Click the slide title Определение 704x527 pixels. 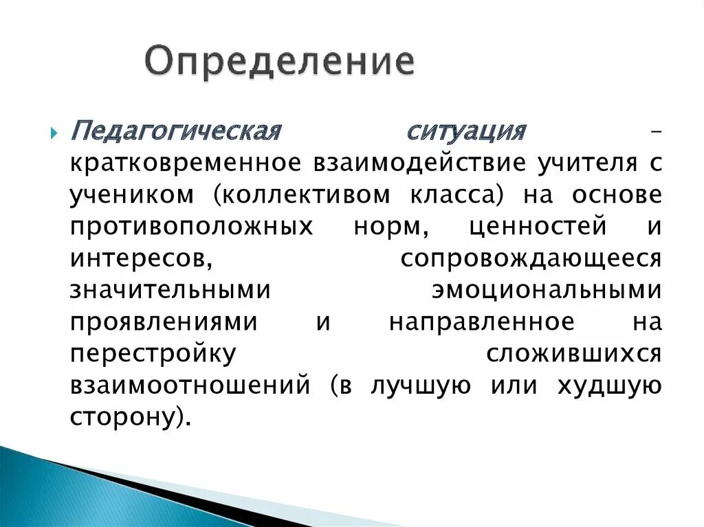(x=280, y=62)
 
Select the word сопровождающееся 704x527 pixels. (x=531, y=258)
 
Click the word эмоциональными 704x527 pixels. (x=547, y=289)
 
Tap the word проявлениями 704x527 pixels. (x=164, y=322)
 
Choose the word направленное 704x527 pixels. (x=481, y=322)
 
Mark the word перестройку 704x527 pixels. (x=153, y=353)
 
